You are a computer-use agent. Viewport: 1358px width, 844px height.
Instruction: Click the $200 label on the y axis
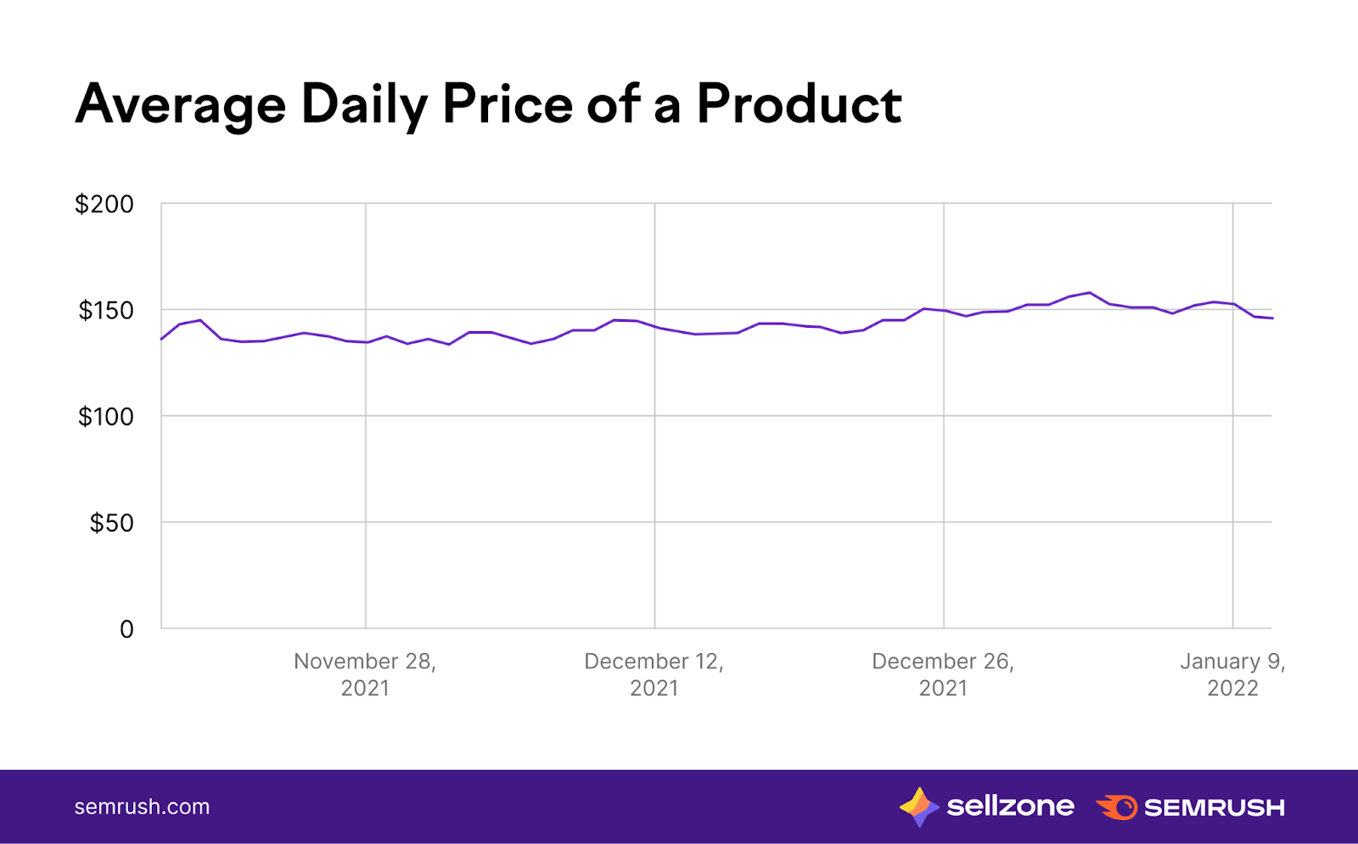(104, 205)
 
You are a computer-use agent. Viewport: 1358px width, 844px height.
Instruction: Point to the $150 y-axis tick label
(106, 311)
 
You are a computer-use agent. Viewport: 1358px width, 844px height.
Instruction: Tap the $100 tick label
(106, 417)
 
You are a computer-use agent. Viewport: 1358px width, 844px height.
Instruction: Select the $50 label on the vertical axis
(112, 523)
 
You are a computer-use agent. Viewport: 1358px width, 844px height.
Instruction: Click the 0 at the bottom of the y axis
(126, 629)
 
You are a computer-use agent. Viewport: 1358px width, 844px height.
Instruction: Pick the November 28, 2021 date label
(365, 674)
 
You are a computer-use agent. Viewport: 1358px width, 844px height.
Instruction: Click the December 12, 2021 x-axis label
(654, 674)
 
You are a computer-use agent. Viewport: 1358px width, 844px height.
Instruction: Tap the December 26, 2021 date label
(943, 674)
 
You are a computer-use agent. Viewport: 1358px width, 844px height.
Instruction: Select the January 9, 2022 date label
(1232, 674)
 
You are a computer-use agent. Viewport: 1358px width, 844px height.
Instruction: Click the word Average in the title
(181, 105)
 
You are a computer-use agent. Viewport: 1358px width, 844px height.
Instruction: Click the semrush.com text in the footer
(142, 807)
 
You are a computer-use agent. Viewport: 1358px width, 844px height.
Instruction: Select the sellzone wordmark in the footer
(1010, 806)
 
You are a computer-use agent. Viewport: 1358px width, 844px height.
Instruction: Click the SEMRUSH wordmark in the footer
(1214, 807)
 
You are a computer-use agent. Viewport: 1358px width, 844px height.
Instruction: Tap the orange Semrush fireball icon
(1117, 807)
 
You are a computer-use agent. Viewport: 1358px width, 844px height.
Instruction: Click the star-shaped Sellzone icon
(918, 807)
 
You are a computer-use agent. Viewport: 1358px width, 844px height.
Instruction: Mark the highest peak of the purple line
(1090, 293)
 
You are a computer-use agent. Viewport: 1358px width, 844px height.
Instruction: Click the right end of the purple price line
(1271, 318)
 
